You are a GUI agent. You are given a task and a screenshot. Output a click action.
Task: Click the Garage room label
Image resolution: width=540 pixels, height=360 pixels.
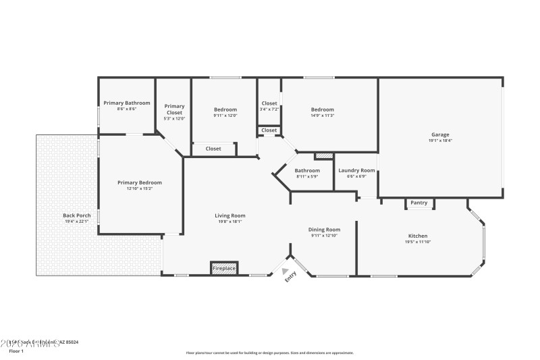[440, 134]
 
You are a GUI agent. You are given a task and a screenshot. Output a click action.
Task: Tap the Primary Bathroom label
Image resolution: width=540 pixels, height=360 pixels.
[127, 103]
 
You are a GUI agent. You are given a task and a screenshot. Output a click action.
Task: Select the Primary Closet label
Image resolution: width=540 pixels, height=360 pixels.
[174, 109]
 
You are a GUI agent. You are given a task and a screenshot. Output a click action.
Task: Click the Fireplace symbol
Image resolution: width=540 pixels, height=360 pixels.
[224, 268]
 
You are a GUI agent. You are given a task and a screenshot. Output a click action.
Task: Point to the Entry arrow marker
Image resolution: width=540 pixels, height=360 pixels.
[285, 271]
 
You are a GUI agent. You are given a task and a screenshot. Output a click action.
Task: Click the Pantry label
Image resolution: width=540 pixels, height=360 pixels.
[419, 203]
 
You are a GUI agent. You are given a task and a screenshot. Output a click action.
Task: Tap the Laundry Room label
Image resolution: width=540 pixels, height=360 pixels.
[356, 170]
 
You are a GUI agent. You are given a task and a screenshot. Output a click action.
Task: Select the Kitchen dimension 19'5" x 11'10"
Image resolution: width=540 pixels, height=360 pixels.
[418, 241]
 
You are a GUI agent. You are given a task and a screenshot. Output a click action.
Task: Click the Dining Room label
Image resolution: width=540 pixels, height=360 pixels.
[324, 229]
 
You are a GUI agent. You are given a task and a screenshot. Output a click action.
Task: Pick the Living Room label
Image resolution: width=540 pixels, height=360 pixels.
[230, 215]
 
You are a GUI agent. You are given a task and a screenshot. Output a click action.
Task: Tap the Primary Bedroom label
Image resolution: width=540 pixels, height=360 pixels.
[140, 182]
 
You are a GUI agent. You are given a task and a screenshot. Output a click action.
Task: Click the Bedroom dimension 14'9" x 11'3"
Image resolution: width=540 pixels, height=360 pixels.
[322, 115]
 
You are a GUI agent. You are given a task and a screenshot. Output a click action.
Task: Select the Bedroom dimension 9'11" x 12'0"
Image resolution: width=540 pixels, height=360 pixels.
[225, 115]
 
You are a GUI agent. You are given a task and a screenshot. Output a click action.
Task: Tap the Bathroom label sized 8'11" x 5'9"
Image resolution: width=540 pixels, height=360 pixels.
[307, 170]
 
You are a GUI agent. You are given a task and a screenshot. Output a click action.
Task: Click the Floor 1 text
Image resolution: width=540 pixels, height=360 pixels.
[16, 351]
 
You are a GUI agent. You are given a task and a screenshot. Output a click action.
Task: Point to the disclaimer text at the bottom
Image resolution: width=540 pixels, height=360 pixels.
[270, 352]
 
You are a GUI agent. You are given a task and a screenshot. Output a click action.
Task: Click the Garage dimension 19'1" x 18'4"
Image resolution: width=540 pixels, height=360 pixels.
[440, 140]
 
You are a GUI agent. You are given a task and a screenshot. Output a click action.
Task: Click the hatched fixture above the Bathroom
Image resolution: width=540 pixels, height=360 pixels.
[325, 155]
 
